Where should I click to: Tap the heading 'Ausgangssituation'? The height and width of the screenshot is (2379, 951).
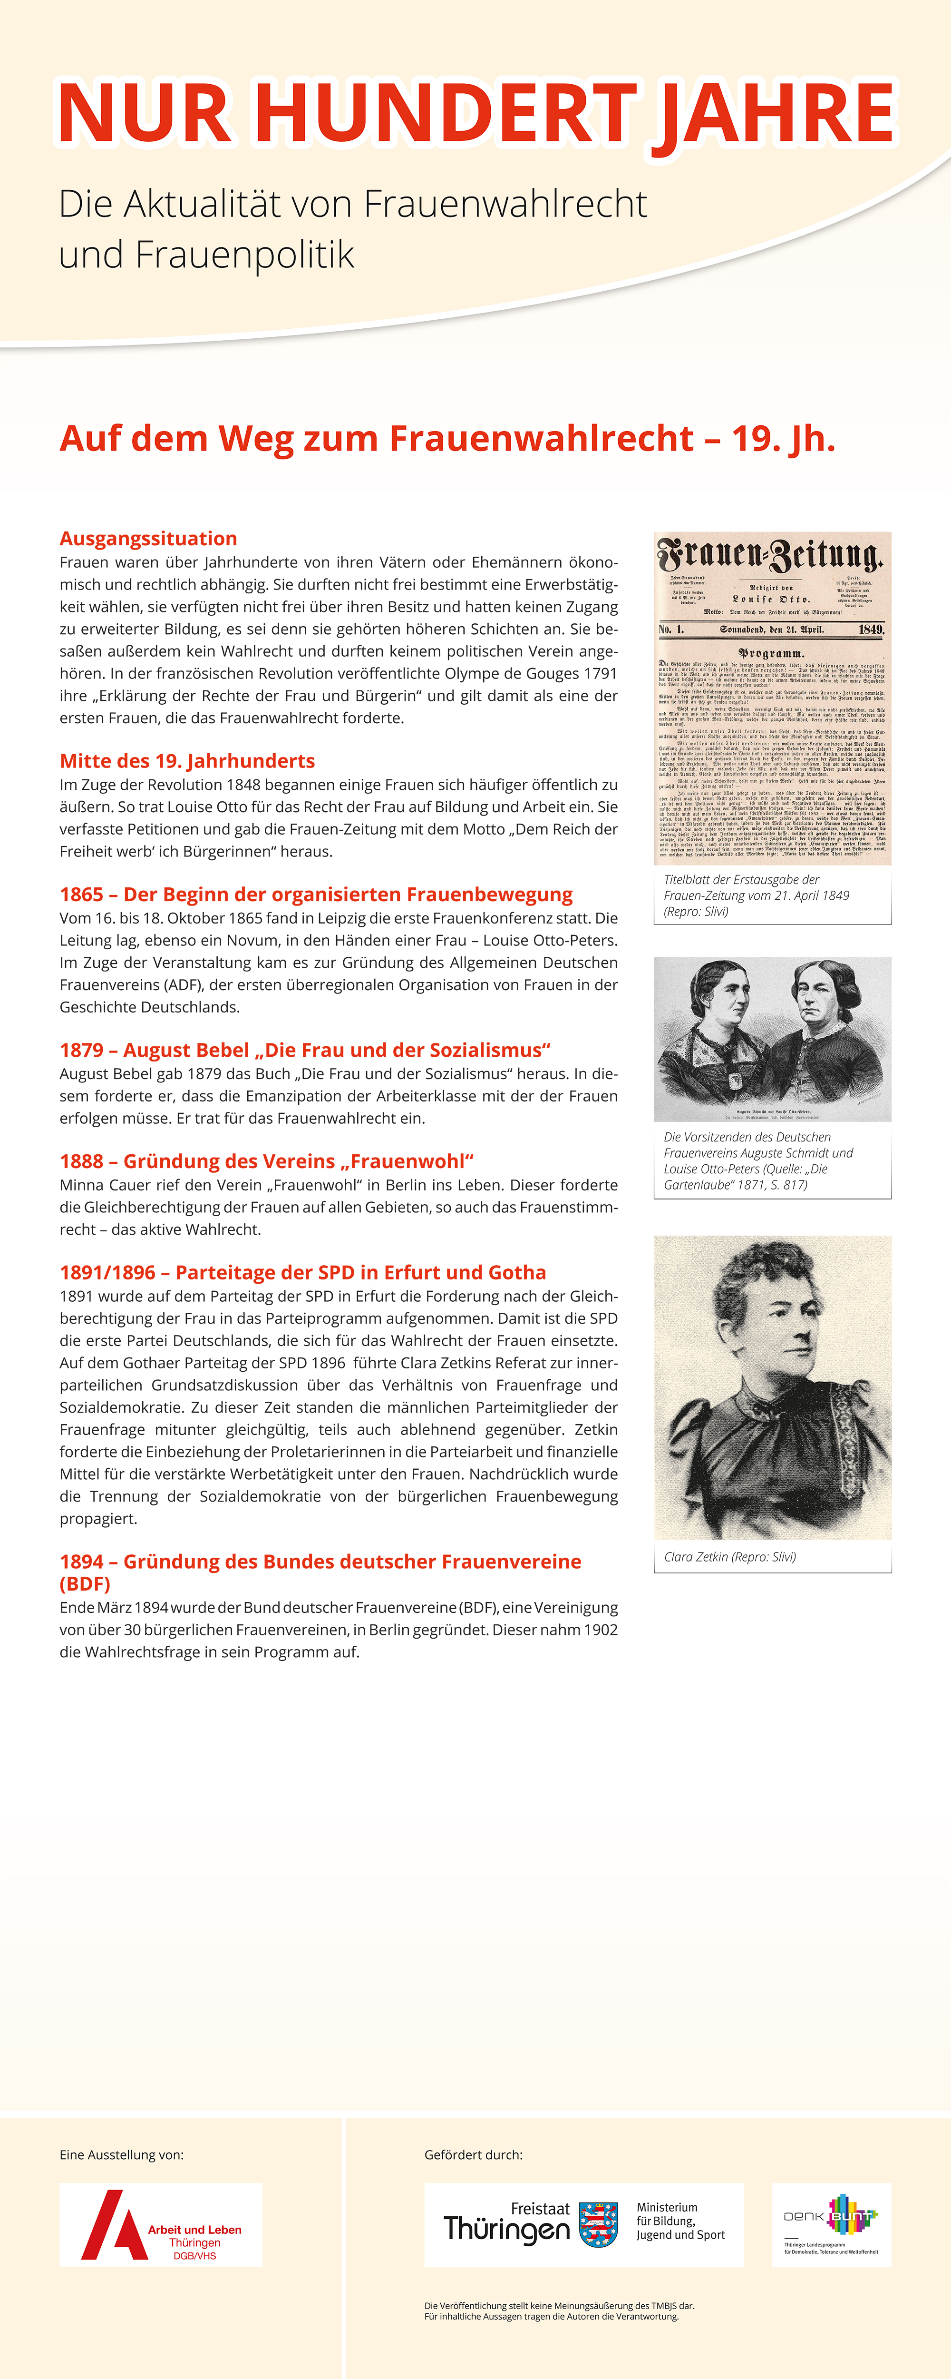pos(148,539)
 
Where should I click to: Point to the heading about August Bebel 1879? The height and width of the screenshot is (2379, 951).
pos(305,1050)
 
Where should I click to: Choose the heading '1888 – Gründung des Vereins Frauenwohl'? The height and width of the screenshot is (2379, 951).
pos(266,1161)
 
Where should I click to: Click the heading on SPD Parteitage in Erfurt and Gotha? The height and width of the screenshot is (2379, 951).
pos(303,1273)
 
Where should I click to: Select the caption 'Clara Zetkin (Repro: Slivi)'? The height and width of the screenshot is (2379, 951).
pos(729,1557)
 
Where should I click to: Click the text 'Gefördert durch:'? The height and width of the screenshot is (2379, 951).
pos(473,2154)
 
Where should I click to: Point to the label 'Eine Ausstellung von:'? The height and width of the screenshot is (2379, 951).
pos(121,2154)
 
